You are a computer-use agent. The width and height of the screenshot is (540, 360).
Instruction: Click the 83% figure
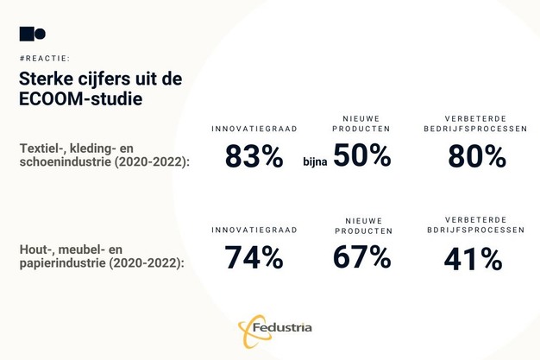(254, 156)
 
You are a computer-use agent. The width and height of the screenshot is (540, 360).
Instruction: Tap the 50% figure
(361, 156)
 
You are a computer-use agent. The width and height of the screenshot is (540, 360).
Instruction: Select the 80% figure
(476, 156)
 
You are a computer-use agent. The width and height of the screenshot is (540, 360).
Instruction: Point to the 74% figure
(254, 257)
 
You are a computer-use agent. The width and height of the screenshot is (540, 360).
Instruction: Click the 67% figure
(361, 257)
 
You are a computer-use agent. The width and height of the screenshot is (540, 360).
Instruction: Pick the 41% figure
(473, 258)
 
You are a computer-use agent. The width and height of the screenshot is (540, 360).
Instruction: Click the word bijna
(316, 161)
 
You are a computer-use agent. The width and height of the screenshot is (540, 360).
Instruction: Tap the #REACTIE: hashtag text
(44, 58)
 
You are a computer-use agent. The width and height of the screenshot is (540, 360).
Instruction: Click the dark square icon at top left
(26, 34)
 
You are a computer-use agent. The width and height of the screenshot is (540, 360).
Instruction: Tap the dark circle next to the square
(40, 34)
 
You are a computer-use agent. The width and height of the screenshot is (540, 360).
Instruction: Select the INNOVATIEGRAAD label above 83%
(254, 129)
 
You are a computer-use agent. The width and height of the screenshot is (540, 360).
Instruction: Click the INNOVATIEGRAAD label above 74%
(254, 231)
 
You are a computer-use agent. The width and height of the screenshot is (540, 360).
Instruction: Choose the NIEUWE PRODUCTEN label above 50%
(361, 123)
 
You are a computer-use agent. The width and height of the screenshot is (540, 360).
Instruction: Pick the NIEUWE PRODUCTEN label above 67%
(362, 225)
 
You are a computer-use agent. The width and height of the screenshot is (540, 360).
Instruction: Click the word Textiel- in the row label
(41, 149)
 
